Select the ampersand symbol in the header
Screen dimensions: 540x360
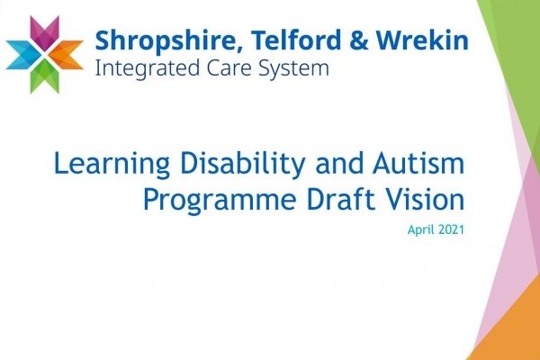(359, 40)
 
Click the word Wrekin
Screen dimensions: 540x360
(422, 40)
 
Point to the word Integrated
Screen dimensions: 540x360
(148, 68)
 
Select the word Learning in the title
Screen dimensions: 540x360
(112, 165)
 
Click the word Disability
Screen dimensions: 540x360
(243, 165)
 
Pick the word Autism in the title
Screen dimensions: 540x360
(418, 163)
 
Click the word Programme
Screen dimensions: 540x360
(220, 201)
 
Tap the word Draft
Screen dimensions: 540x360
(340, 199)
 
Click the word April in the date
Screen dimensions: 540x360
(419, 230)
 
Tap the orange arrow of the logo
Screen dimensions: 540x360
(68, 54)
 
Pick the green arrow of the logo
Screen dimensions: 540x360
(44, 76)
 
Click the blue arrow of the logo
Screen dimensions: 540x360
(22, 54)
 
